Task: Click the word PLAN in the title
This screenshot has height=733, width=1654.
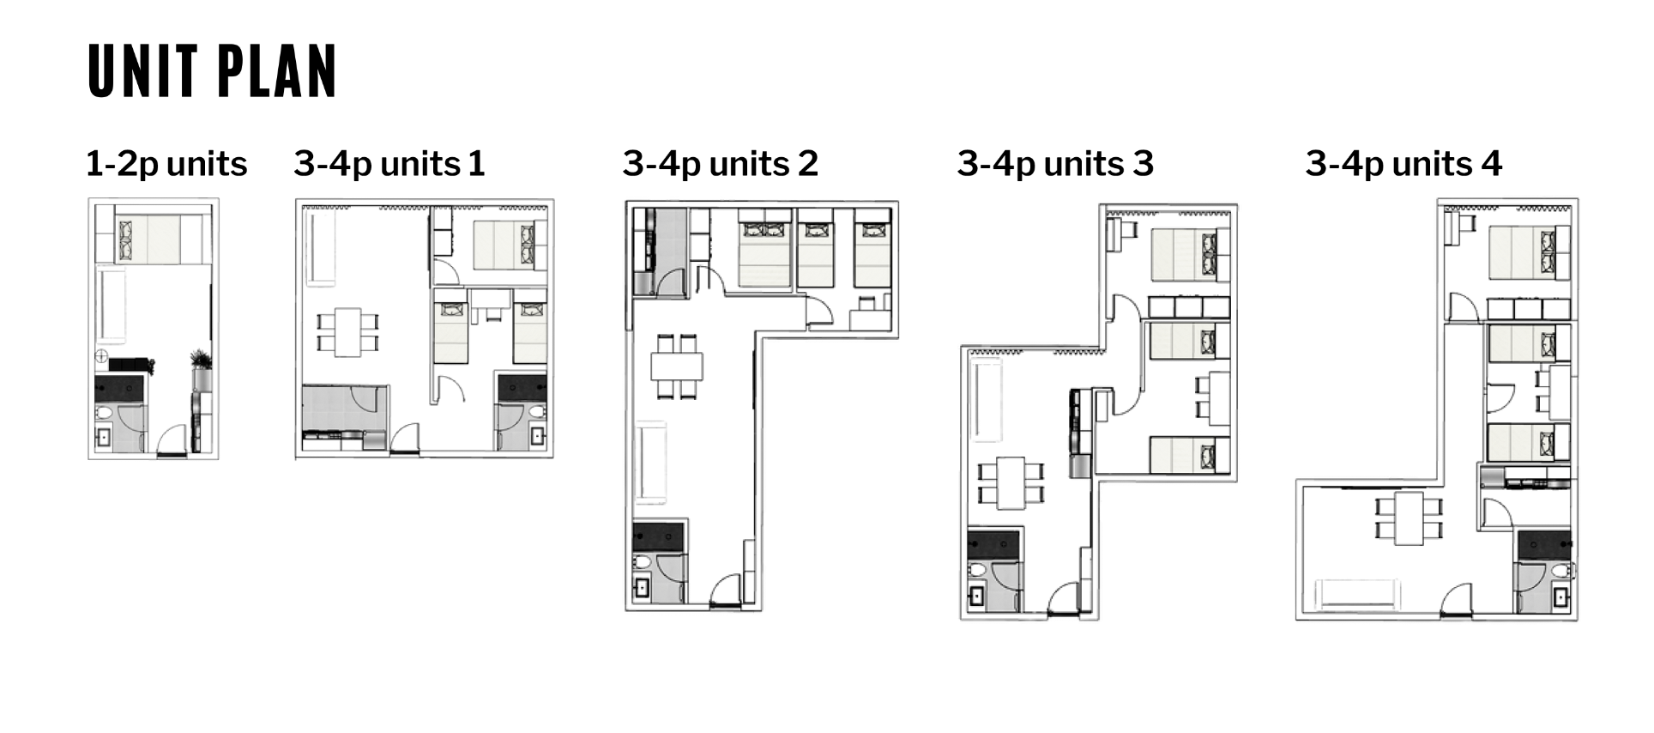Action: [275, 70]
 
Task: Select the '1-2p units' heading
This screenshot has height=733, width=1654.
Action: [166, 164]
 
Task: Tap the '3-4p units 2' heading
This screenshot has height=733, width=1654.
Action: [721, 164]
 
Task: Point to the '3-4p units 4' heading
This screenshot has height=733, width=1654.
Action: [1403, 164]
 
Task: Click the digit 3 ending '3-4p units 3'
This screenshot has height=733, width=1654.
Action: [1144, 163]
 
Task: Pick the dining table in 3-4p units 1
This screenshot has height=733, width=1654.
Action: [347, 332]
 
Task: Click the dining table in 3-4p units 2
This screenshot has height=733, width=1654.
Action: [677, 366]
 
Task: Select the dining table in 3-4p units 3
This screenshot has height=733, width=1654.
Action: [1011, 484]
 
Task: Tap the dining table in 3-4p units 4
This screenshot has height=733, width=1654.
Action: [1409, 518]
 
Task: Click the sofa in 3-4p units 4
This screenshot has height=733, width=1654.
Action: [1358, 594]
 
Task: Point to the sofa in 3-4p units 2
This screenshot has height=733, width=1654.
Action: [650, 463]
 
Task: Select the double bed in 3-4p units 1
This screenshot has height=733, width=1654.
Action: [510, 245]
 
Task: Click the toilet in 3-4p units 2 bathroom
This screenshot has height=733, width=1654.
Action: [643, 563]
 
